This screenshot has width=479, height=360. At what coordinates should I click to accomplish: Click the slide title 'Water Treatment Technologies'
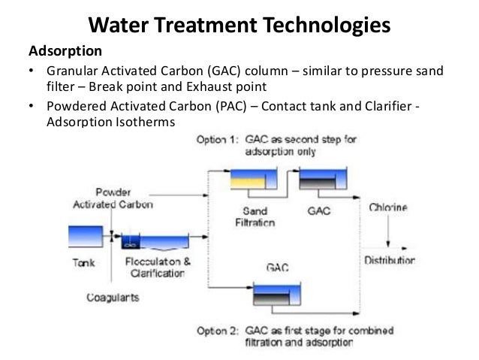pos(239,26)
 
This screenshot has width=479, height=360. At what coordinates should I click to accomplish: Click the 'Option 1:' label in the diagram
pos(217,139)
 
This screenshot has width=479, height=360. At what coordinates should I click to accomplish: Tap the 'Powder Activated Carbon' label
pos(113,198)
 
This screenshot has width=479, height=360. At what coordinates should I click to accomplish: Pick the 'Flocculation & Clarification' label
pos(155,268)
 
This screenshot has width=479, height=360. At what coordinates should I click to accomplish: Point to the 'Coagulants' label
pos(112,297)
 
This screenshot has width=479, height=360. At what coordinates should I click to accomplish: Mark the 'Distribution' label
pos(390,260)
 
